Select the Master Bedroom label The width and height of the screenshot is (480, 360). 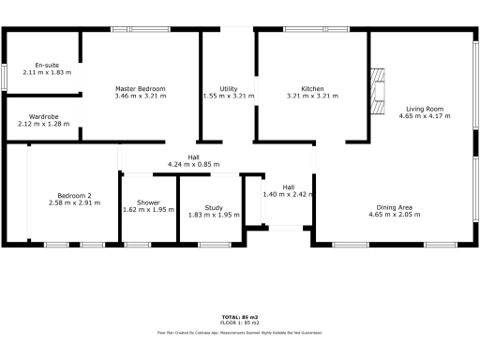141,88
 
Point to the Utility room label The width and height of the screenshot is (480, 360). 228,88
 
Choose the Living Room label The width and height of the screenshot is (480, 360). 425,109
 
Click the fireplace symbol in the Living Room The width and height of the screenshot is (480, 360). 377,92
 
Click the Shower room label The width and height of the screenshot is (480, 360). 148,202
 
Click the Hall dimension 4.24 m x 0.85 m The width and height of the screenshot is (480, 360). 193,164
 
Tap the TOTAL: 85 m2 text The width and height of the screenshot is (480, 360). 240,317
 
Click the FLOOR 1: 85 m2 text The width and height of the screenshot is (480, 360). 240,322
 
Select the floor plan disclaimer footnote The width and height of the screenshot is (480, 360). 240,332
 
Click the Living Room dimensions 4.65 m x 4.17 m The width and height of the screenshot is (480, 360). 425,116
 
